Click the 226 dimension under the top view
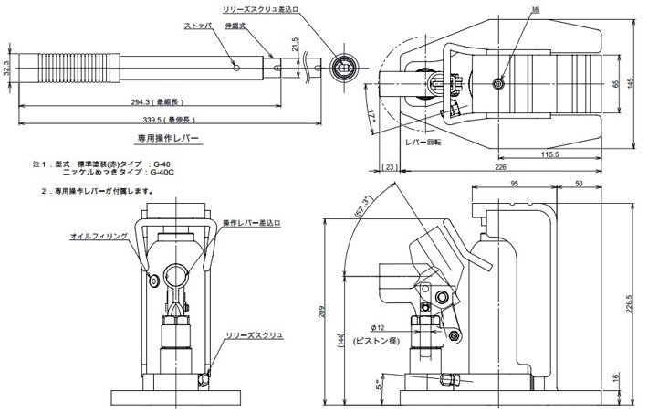click(500, 167)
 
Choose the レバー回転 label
click(424, 142)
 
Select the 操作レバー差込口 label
click(252, 223)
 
